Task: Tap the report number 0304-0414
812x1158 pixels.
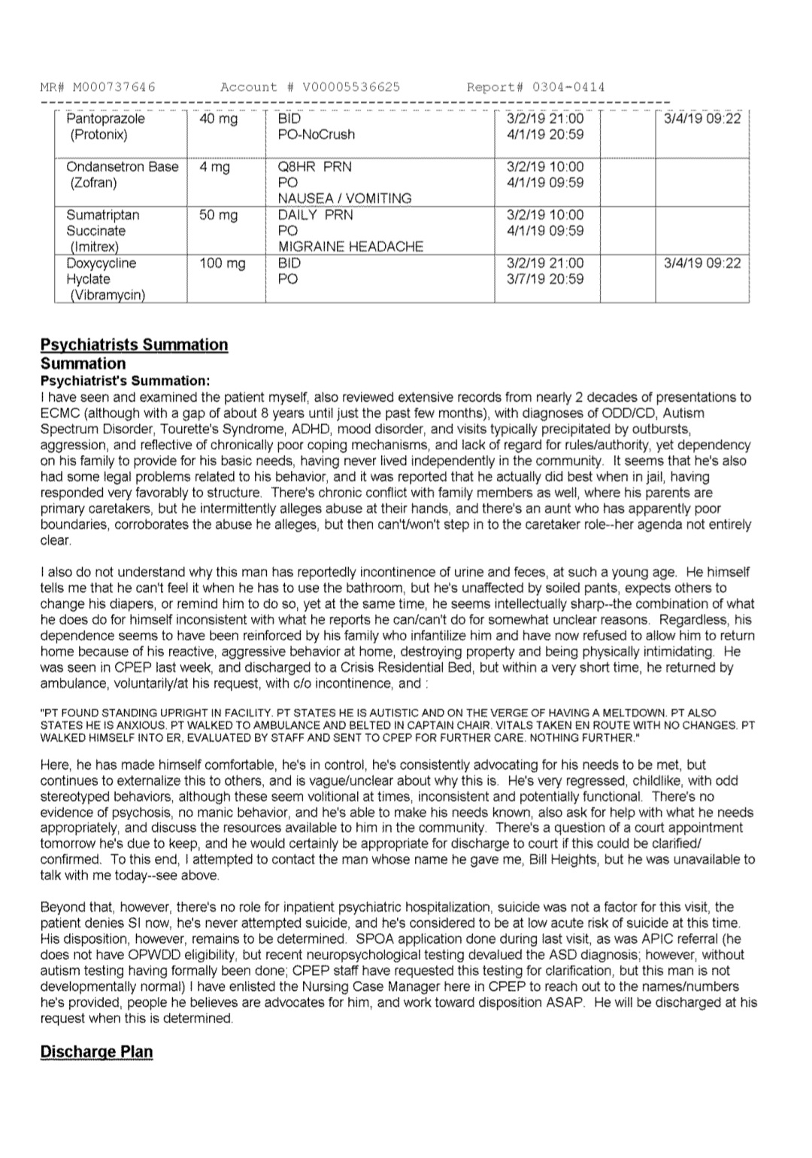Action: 568,87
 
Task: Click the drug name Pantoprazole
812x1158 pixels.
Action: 105,119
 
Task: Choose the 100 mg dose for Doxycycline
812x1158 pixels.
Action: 223,263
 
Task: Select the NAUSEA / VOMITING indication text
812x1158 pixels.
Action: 344,199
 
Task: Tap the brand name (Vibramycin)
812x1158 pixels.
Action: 107,295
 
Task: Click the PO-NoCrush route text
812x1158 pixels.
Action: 316,135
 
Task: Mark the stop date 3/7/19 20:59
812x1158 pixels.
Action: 545,279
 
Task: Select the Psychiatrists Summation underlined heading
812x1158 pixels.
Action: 134,345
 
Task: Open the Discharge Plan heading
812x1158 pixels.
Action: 96,1051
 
